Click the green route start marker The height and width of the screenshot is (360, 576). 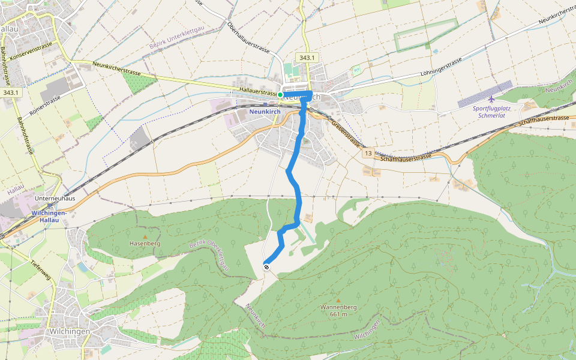pos(280,94)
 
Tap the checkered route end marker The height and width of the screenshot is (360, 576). pos(266,267)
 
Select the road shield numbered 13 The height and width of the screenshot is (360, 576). pos(368,154)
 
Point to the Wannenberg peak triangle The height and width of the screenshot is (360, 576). pos(338,300)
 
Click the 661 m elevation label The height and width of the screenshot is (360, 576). pos(338,314)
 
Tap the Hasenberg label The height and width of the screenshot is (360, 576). pos(145,244)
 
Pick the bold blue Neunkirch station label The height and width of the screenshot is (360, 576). pos(265,112)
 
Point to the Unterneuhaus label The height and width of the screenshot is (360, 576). pos(54,198)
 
